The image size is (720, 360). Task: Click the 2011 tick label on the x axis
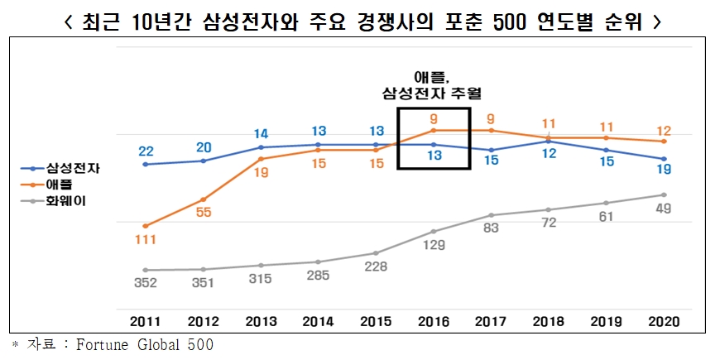146,320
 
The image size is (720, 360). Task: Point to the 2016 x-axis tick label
434,320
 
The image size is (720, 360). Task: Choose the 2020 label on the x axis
664,320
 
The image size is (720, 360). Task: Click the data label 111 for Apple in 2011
146,240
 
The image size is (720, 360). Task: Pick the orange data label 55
204,212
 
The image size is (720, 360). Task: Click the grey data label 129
434,246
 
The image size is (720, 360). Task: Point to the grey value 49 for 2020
664,209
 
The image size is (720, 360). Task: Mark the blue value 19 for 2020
664,170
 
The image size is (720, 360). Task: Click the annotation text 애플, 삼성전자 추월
433,85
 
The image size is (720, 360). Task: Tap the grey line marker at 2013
261,266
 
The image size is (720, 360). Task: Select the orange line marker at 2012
203,199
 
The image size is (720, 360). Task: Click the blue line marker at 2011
146,164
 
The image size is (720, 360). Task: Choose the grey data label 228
376,267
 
